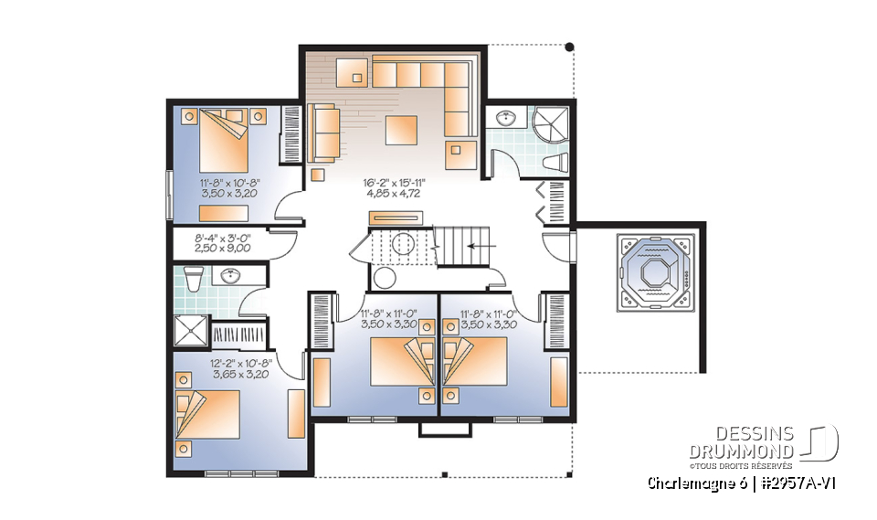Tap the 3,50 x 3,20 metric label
click(229, 195)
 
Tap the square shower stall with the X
click(189, 330)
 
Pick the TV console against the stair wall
click(396, 218)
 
